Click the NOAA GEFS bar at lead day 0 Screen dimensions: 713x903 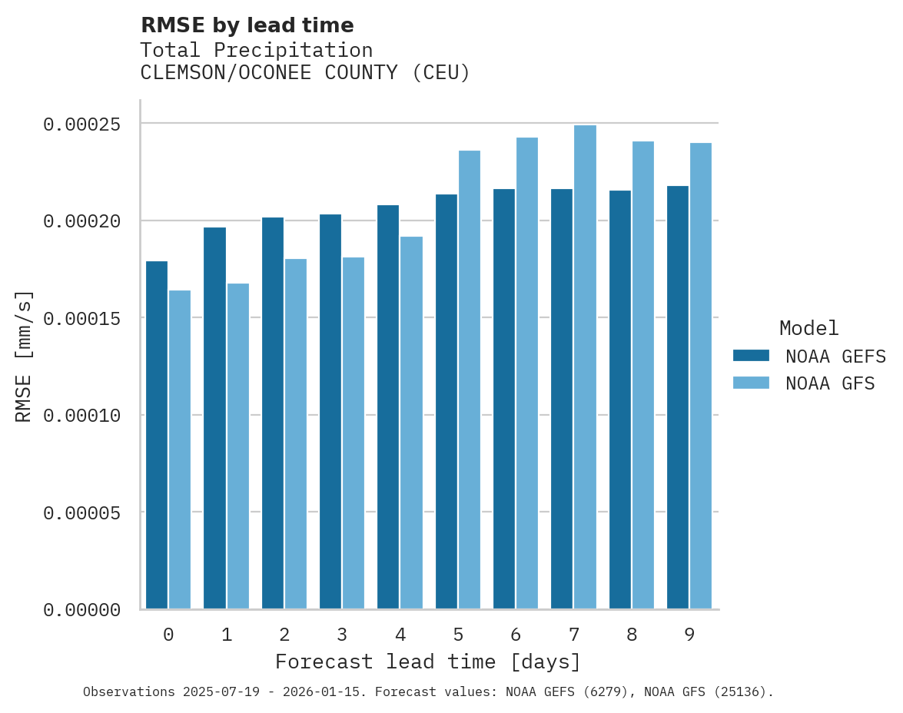tap(157, 435)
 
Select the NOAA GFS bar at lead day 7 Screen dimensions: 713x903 tap(585, 367)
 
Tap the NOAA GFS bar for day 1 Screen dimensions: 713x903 tap(238, 446)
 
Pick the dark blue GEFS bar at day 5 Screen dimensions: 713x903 tap(447, 402)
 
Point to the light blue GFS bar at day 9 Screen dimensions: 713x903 tap(701, 376)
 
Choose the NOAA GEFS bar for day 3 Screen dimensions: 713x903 tap(330, 412)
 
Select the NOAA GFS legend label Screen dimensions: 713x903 tap(830, 383)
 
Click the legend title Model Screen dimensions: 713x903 tap(808, 328)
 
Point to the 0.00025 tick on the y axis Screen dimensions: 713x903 tap(81, 124)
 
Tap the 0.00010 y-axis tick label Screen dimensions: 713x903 tap(81, 416)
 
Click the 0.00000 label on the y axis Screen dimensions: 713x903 tap(81, 610)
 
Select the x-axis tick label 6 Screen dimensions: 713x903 tap(516, 635)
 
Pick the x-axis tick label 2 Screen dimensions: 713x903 tap(284, 635)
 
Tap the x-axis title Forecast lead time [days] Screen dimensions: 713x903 tap(428, 662)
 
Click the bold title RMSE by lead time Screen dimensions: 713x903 tap(247, 25)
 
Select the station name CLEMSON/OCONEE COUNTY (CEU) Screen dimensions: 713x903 tap(305, 73)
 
